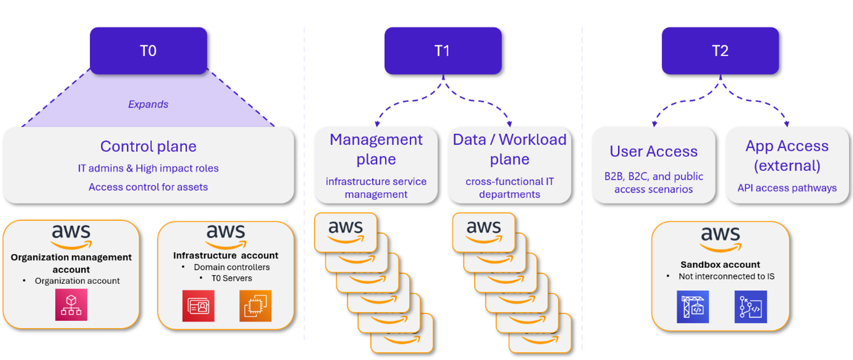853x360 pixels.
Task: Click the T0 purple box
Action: click(148, 50)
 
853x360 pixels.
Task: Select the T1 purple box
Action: click(443, 50)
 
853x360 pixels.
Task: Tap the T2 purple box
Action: click(720, 50)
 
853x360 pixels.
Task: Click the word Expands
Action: click(148, 105)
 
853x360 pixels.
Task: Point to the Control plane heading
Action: click(148, 146)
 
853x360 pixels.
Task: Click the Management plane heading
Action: click(376, 149)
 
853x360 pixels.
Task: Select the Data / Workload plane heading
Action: click(510, 149)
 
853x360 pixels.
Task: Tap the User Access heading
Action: click(654, 151)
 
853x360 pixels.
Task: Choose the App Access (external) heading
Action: click(787, 156)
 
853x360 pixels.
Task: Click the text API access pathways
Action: click(787, 188)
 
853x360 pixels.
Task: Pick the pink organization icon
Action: click(71, 304)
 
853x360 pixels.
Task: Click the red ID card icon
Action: click(198, 306)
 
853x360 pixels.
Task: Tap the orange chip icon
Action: click(256, 306)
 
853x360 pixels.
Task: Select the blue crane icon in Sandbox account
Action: click(693, 306)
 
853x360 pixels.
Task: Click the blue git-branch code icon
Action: click(750, 306)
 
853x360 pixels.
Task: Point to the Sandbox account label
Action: click(720, 265)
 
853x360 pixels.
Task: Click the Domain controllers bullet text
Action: click(232, 267)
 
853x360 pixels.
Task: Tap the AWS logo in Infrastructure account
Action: click(226, 236)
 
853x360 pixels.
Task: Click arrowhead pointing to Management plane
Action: click(377, 123)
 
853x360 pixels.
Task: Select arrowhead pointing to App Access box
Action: click(787, 123)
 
